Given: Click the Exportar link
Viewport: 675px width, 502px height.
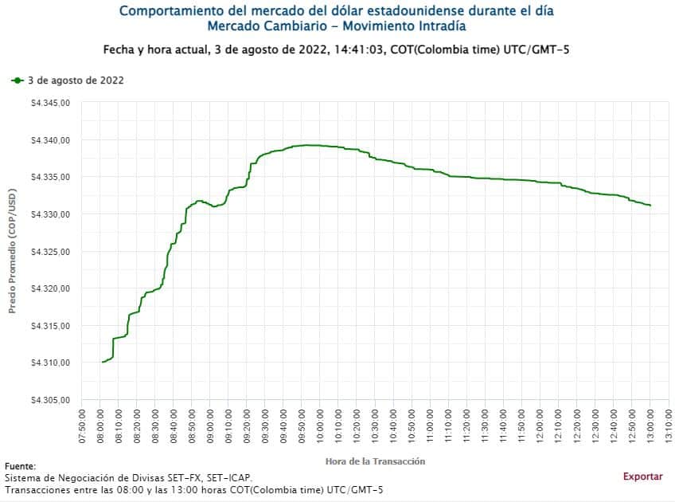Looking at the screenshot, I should (x=642, y=477).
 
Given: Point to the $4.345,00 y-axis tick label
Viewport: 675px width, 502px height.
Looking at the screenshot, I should (x=51, y=103).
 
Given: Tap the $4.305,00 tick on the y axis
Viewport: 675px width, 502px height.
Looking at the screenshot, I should (x=51, y=400).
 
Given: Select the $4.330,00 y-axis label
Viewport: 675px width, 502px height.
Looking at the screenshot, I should (x=51, y=214).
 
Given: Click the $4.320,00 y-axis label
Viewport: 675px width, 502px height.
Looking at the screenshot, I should (x=51, y=288).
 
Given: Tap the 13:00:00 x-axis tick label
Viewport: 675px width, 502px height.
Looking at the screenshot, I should (x=650, y=429).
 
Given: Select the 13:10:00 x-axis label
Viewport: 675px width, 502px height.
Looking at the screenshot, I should (x=669, y=429).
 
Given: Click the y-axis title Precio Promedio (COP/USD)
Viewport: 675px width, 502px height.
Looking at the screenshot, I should (x=13, y=252).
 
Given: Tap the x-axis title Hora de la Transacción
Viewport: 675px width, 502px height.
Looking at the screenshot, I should (x=375, y=461).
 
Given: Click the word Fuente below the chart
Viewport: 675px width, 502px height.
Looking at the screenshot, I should (x=20, y=466).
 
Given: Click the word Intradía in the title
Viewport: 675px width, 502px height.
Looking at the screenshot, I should (x=439, y=26).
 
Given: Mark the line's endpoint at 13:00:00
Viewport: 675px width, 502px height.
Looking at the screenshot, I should (x=650, y=206).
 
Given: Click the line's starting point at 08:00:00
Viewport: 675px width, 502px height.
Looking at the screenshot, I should (x=103, y=362).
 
